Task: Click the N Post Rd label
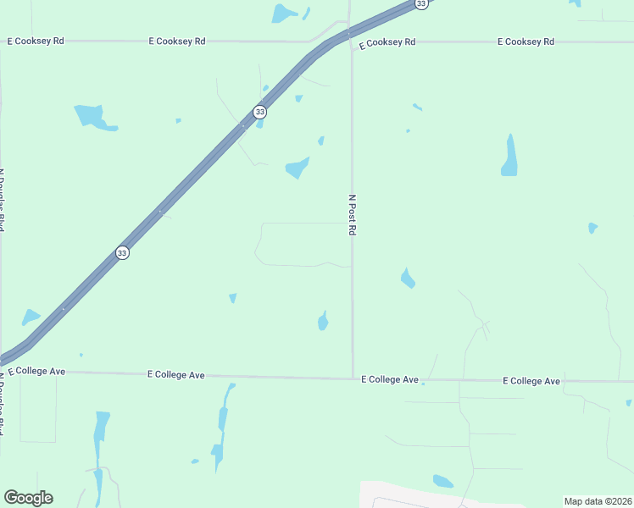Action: click(352, 215)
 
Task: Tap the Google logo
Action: click(28, 498)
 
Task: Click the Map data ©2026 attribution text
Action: click(598, 501)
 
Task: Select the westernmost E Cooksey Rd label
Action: click(36, 41)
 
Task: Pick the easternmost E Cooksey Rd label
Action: click(526, 41)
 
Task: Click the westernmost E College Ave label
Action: click(36, 371)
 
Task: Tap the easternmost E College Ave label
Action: click(531, 381)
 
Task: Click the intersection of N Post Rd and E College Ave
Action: click(353, 378)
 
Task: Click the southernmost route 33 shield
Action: click(122, 253)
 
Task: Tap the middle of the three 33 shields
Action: click(259, 112)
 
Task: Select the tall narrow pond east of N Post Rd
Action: click(509, 156)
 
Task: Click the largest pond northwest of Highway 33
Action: click(92, 117)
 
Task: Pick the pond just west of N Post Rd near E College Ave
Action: click(323, 320)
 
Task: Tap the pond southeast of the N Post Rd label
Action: click(408, 278)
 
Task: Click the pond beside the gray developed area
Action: click(442, 481)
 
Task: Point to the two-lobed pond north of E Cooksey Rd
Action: click(286, 13)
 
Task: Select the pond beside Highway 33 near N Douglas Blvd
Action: click(31, 317)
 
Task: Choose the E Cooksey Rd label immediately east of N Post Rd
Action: click(387, 41)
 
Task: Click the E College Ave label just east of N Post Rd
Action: click(390, 379)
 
